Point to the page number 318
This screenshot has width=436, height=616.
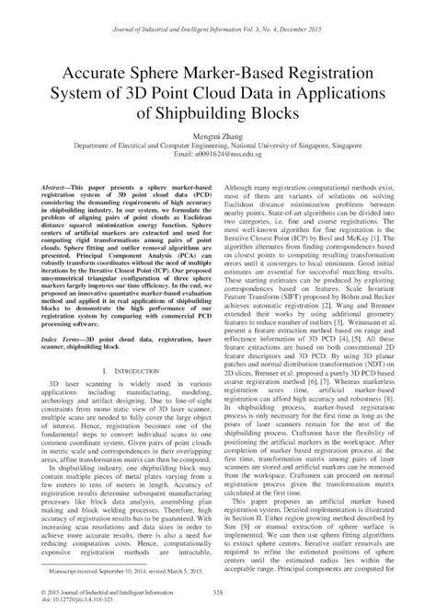click(x=218, y=594)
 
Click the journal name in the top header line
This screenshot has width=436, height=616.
click(x=147, y=10)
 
